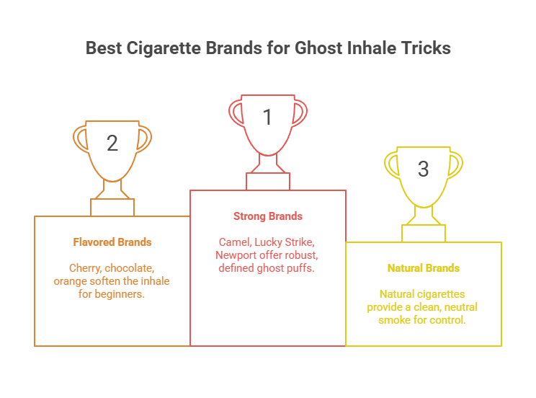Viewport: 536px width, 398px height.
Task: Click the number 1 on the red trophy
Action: click(267, 118)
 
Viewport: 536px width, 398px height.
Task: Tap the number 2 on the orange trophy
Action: click(112, 143)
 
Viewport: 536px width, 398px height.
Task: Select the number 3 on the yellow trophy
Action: click(423, 169)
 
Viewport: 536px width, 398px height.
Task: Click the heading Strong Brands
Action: click(268, 216)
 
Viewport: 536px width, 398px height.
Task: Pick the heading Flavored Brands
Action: click(112, 242)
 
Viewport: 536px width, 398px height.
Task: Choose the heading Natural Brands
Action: click(424, 268)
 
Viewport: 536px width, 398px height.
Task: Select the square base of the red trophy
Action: click(268, 181)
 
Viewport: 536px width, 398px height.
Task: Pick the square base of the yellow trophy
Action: click(424, 233)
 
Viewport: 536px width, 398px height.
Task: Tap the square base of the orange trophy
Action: click(112, 207)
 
